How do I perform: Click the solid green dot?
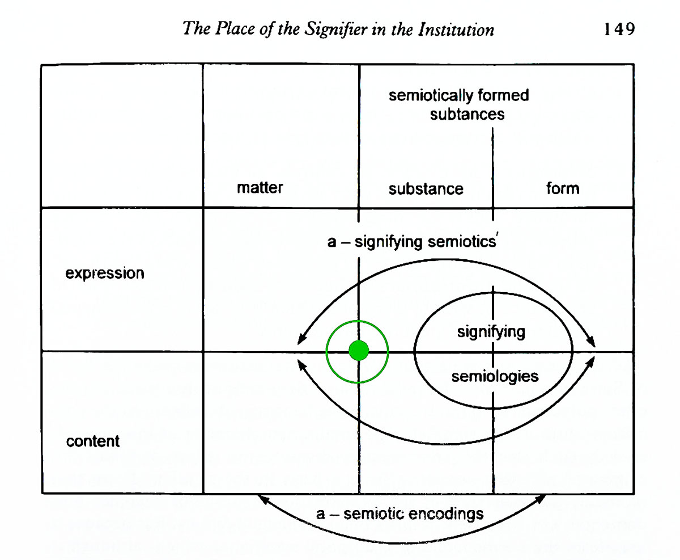[358, 351]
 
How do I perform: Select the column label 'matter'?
[260, 187]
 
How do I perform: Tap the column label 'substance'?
[426, 188]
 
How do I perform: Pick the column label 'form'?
[563, 187]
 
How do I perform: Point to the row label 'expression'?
[105, 273]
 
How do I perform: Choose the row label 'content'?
[93, 441]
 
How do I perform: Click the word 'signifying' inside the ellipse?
[491, 331]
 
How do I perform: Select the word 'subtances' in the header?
[467, 113]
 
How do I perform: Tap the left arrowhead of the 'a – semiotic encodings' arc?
[260, 498]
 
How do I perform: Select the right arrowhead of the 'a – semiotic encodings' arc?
[545, 498]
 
